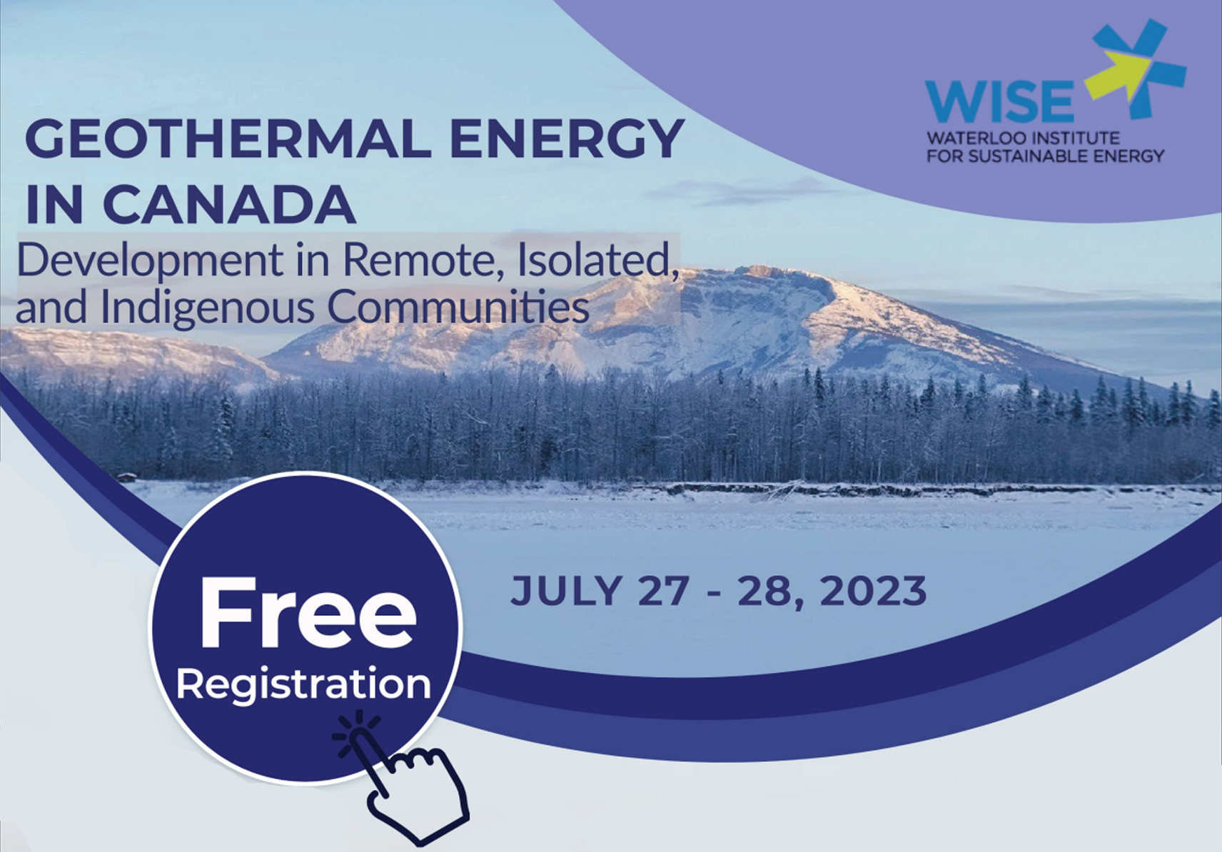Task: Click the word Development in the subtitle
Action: pyautogui.click(x=150, y=261)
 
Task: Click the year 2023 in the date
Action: pyautogui.click(x=873, y=591)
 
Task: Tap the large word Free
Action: pyautogui.click(x=307, y=614)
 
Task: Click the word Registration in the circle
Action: pyautogui.click(x=303, y=684)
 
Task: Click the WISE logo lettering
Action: pyautogui.click(x=999, y=102)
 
